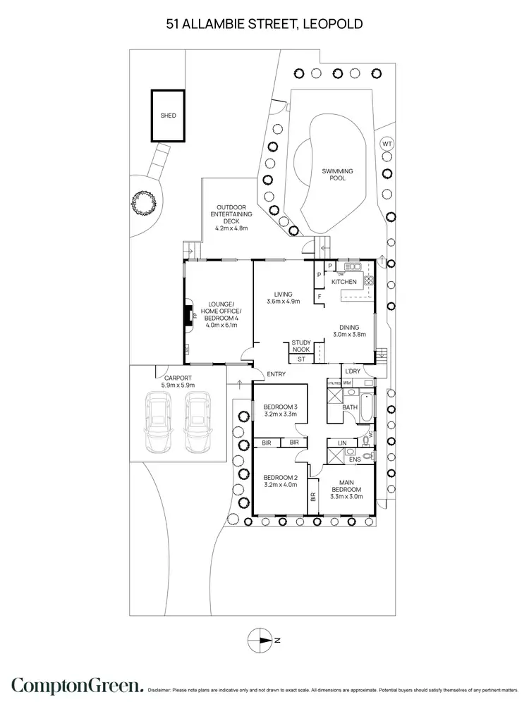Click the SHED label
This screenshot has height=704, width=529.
point(168,115)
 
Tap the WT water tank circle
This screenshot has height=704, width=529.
point(386,144)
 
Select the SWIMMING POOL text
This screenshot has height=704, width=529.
point(337,175)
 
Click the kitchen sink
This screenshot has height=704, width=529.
point(352,267)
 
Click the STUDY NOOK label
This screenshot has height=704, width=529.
point(301,346)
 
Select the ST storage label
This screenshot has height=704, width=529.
point(300,359)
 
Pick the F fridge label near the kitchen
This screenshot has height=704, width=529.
point(320,297)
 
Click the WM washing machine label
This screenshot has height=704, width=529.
point(347,383)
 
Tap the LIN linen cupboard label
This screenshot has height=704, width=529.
point(342,443)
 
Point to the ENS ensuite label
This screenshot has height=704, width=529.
point(355,459)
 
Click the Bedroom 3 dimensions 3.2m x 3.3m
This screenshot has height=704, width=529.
point(281,415)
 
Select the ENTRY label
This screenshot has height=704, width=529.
point(276,373)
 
